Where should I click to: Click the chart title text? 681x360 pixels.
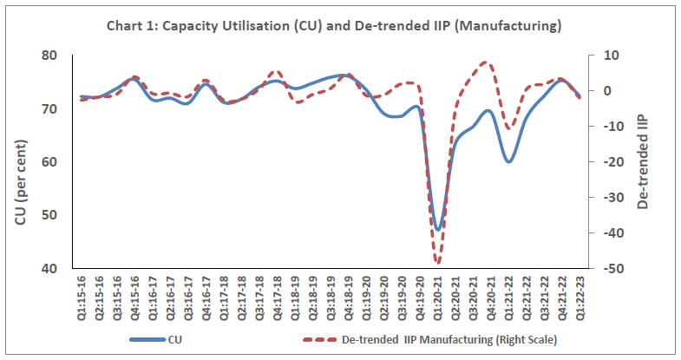[x=340, y=27]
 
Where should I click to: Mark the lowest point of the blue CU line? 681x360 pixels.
[x=438, y=229]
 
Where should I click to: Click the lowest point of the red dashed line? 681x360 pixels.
[x=438, y=263]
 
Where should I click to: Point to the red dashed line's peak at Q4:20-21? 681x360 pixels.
[x=486, y=62]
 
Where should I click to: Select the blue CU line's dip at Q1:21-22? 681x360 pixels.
[x=509, y=161]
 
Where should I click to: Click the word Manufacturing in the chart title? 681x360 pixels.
[x=518, y=27]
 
